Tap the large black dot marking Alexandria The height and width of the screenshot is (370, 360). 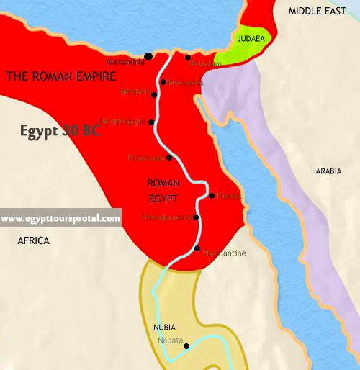coord(148,56)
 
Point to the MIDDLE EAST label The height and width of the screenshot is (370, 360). coord(318,12)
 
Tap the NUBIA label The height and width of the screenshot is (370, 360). coord(164,327)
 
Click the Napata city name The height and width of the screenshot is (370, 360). coord(171,340)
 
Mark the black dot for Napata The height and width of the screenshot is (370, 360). coord(186,346)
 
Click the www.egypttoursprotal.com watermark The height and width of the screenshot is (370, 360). coord(60,218)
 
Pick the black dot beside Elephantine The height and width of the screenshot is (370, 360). coord(197,248)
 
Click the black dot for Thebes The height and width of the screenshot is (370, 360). coord(210,195)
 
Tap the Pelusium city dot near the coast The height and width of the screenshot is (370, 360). coord(188,58)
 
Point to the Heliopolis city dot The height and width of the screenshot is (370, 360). coord(163,82)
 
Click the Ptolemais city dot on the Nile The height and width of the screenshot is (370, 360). coord(169,157)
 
